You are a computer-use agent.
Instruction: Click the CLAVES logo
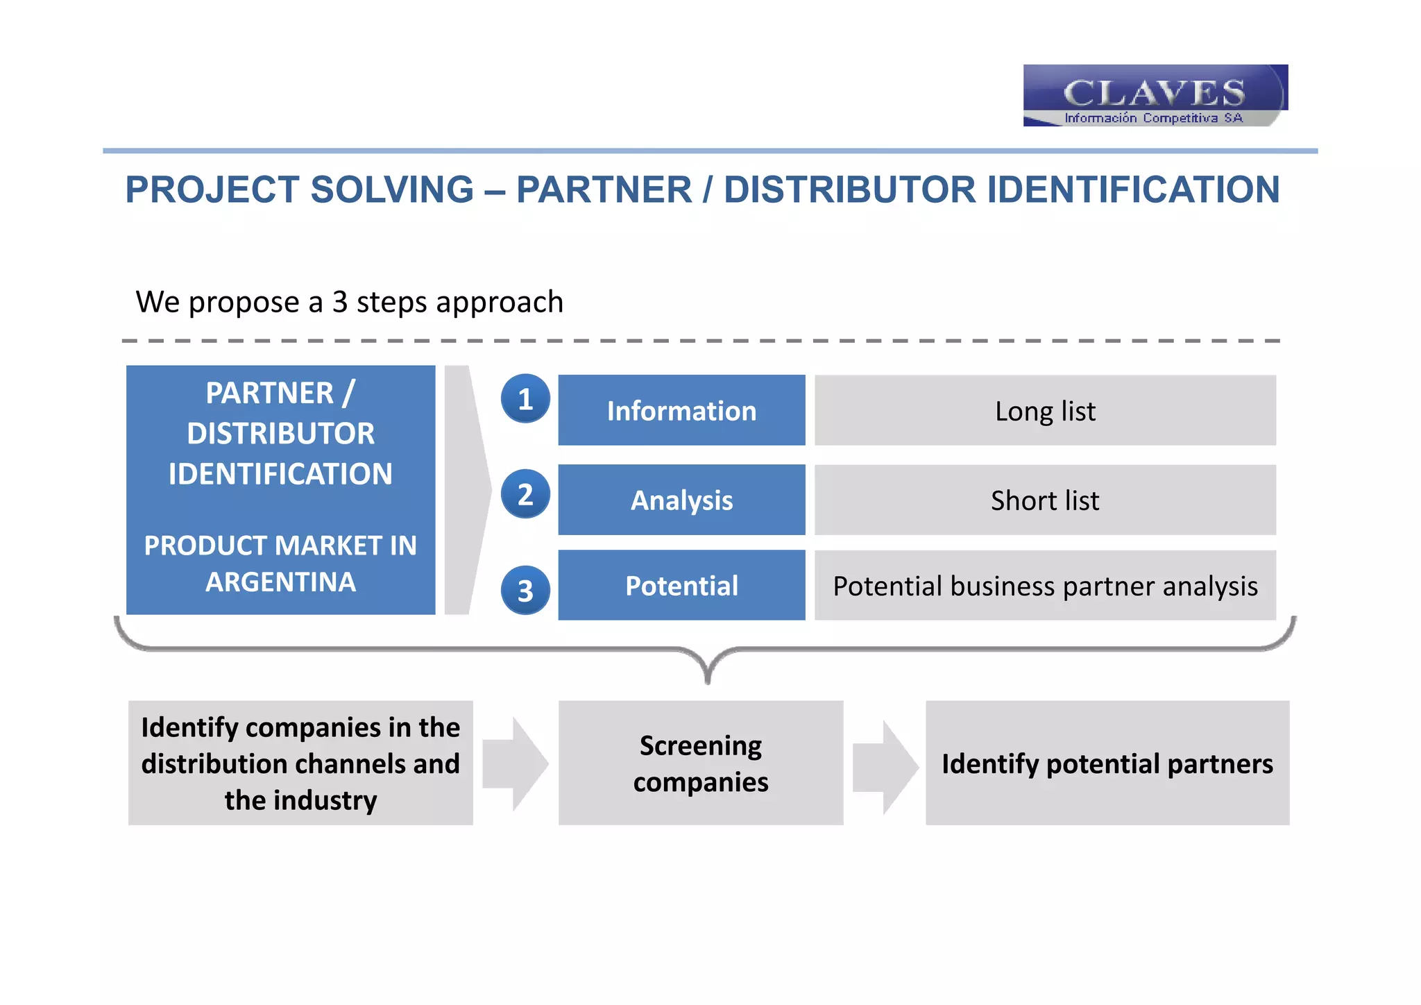tap(1155, 96)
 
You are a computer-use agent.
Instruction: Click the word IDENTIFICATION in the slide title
tap(1132, 189)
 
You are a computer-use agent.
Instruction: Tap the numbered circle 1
tap(525, 399)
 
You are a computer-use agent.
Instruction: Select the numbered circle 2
tap(525, 494)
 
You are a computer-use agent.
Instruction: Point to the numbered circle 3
tap(525, 591)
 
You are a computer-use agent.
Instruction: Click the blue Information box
tap(681, 411)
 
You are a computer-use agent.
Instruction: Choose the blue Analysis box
tap(681, 500)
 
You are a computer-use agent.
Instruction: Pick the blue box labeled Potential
tap(681, 586)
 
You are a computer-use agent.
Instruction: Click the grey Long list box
tap(1045, 411)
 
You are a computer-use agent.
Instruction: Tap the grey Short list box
tap(1045, 500)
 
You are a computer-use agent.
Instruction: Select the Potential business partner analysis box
tap(1045, 586)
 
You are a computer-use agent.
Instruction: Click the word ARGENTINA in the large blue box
tap(280, 582)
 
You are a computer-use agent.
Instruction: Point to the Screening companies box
tap(701, 763)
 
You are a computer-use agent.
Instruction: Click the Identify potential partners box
tap(1107, 763)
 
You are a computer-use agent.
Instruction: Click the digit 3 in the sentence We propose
tap(339, 303)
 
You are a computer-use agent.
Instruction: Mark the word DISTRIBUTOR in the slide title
tap(849, 189)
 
